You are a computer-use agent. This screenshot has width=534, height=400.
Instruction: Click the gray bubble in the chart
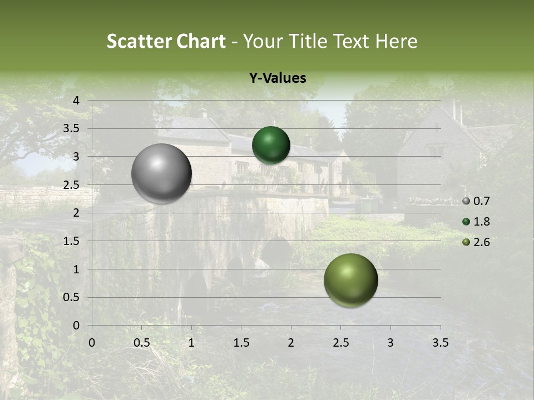pyautogui.click(x=161, y=173)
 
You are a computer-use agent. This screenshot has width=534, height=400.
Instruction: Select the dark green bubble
pyautogui.click(x=271, y=145)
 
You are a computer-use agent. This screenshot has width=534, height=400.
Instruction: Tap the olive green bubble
pyautogui.click(x=350, y=280)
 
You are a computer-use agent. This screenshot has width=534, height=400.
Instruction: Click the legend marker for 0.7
pyautogui.click(x=466, y=201)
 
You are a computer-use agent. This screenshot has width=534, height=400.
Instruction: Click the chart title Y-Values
pyautogui.click(x=278, y=78)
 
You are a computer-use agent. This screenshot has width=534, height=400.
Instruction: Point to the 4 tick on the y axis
pyautogui.click(x=76, y=101)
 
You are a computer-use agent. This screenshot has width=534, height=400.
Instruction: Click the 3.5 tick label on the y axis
pyautogui.click(x=71, y=129)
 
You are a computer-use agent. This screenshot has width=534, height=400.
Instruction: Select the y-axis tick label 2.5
pyautogui.click(x=71, y=185)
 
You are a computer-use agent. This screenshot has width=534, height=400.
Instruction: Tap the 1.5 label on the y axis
pyautogui.click(x=71, y=241)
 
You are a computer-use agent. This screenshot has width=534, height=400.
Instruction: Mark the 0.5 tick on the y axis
pyautogui.click(x=71, y=297)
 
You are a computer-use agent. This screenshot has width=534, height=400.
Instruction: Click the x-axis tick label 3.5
pyautogui.click(x=440, y=343)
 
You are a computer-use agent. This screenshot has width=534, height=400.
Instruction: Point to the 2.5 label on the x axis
pyautogui.click(x=340, y=343)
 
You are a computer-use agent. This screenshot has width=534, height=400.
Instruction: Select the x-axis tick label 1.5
pyautogui.click(x=241, y=343)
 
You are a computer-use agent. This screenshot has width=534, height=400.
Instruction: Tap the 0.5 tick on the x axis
pyautogui.click(x=141, y=343)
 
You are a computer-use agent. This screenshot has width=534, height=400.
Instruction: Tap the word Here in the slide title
pyautogui.click(x=396, y=41)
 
